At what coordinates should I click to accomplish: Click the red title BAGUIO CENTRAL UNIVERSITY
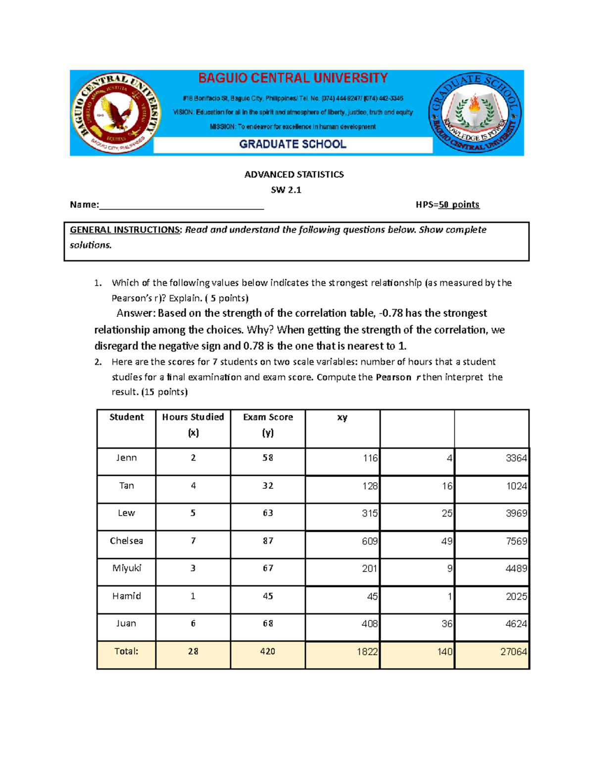click(x=293, y=78)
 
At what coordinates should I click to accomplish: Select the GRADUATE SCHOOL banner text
click(x=293, y=144)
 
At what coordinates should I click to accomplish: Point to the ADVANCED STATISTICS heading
click(x=294, y=174)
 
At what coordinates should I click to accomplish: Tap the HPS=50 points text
click(x=447, y=205)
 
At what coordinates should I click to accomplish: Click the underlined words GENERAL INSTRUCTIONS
click(x=125, y=230)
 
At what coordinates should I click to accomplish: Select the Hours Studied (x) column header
click(x=193, y=424)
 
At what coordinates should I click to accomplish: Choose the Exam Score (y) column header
click(x=268, y=424)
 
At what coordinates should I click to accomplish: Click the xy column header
click(x=342, y=417)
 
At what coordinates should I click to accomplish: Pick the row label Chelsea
click(x=126, y=541)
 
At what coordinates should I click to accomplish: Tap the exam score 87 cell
click(x=268, y=541)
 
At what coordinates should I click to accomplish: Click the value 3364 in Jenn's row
click(x=516, y=459)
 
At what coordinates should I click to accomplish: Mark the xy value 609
click(x=369, y=541)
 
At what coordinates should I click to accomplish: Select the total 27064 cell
click(x=513, y=652)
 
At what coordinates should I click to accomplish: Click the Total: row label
click(x=126, y=651)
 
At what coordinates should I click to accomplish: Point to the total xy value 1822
click(x=367, y=652)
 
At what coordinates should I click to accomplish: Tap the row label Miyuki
click(x=126, y=568)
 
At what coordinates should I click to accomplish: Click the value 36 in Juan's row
click(x=446, y=624)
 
